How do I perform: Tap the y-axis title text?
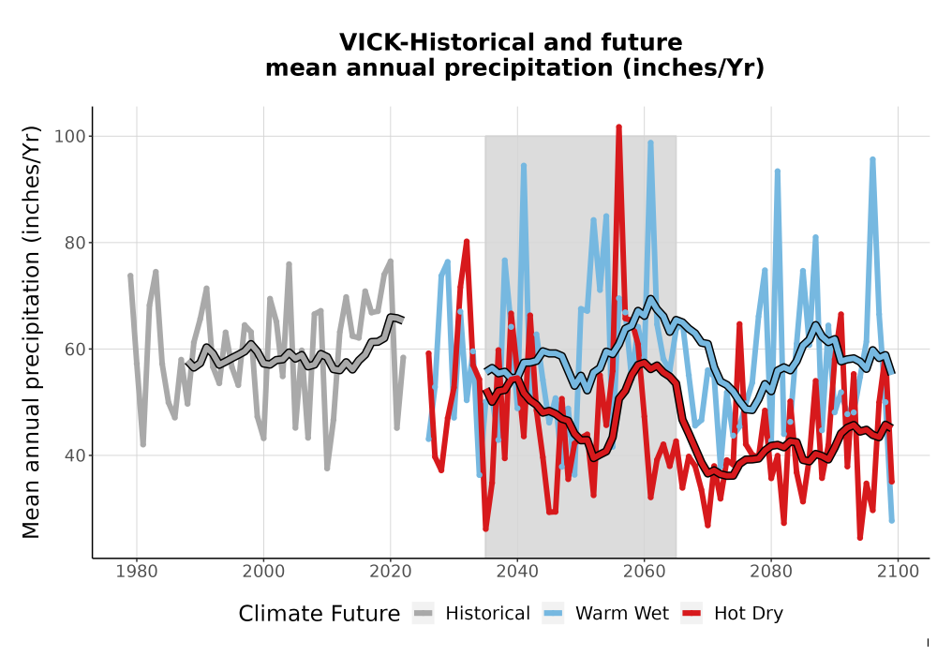(x=31, y=332)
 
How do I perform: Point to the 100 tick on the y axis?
(x=70, y=136)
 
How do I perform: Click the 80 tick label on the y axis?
(x=75, y=243)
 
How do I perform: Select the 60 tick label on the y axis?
(x=75, y=349)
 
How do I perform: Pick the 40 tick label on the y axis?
(x=75, y=455)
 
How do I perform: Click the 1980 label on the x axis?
(x=136, y=571)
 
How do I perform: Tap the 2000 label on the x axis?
(x=263, y=571)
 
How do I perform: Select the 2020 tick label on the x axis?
(x=390, y=571)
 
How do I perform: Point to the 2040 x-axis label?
(x=517, y=571)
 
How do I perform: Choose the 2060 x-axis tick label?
(x=645, y=571)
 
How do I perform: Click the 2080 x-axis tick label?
(x=771, y=571)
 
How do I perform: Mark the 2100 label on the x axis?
(x=898, y=571)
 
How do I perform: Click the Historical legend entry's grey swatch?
(x=424, y=613)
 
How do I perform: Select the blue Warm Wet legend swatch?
(x=553, y=613)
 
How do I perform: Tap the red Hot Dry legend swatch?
(x=692, y=613)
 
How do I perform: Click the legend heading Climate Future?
(x=320, y=614)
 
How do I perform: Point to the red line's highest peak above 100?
(x=619, y=127)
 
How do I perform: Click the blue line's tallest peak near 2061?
(x=651, y=142)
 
